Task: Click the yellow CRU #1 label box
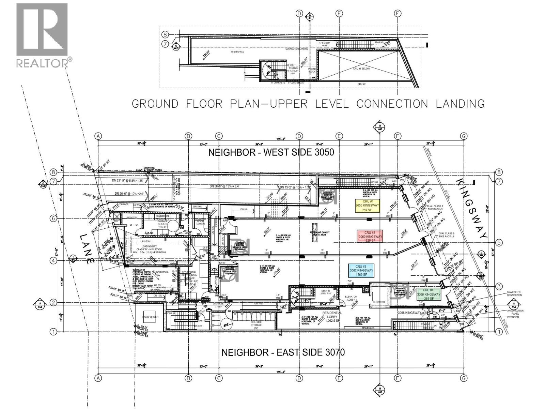[367, 206]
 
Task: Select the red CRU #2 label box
[370, 236]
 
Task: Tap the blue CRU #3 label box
[361, 270]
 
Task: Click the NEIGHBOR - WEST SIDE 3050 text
[271, 152]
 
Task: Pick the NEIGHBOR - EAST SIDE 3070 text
[283, 352]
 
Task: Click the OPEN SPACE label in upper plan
[237, 52]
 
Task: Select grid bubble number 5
[499, 243]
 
